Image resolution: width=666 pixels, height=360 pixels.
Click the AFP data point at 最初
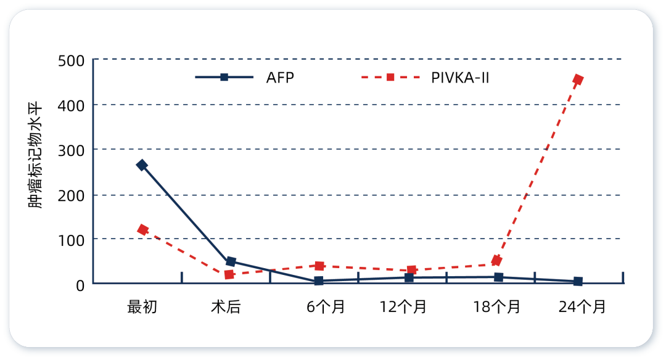[x=142, y=165]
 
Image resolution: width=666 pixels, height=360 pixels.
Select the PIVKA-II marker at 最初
[x=142, y=230]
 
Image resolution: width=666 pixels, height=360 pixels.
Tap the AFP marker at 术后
[x=231, y=261]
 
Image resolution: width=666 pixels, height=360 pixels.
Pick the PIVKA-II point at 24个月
[x=578, y=80]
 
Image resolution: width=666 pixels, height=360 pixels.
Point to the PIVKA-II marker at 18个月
[x=496, y=261]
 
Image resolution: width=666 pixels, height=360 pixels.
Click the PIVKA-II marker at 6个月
[x=319, y=266]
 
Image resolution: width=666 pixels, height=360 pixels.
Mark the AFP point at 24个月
[x=578, y=281]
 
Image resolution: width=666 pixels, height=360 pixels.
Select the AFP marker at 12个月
[x=408, y=277]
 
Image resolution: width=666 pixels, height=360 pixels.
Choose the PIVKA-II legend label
[x=460, y=78]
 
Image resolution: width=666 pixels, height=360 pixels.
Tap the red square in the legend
[x=390, y=78]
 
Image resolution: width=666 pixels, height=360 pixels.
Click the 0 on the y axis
[x=80, y=285]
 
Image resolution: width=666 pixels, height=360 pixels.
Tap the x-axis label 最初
[x=142, y=306]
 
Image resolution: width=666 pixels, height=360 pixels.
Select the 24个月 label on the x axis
[x=582, y=306]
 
